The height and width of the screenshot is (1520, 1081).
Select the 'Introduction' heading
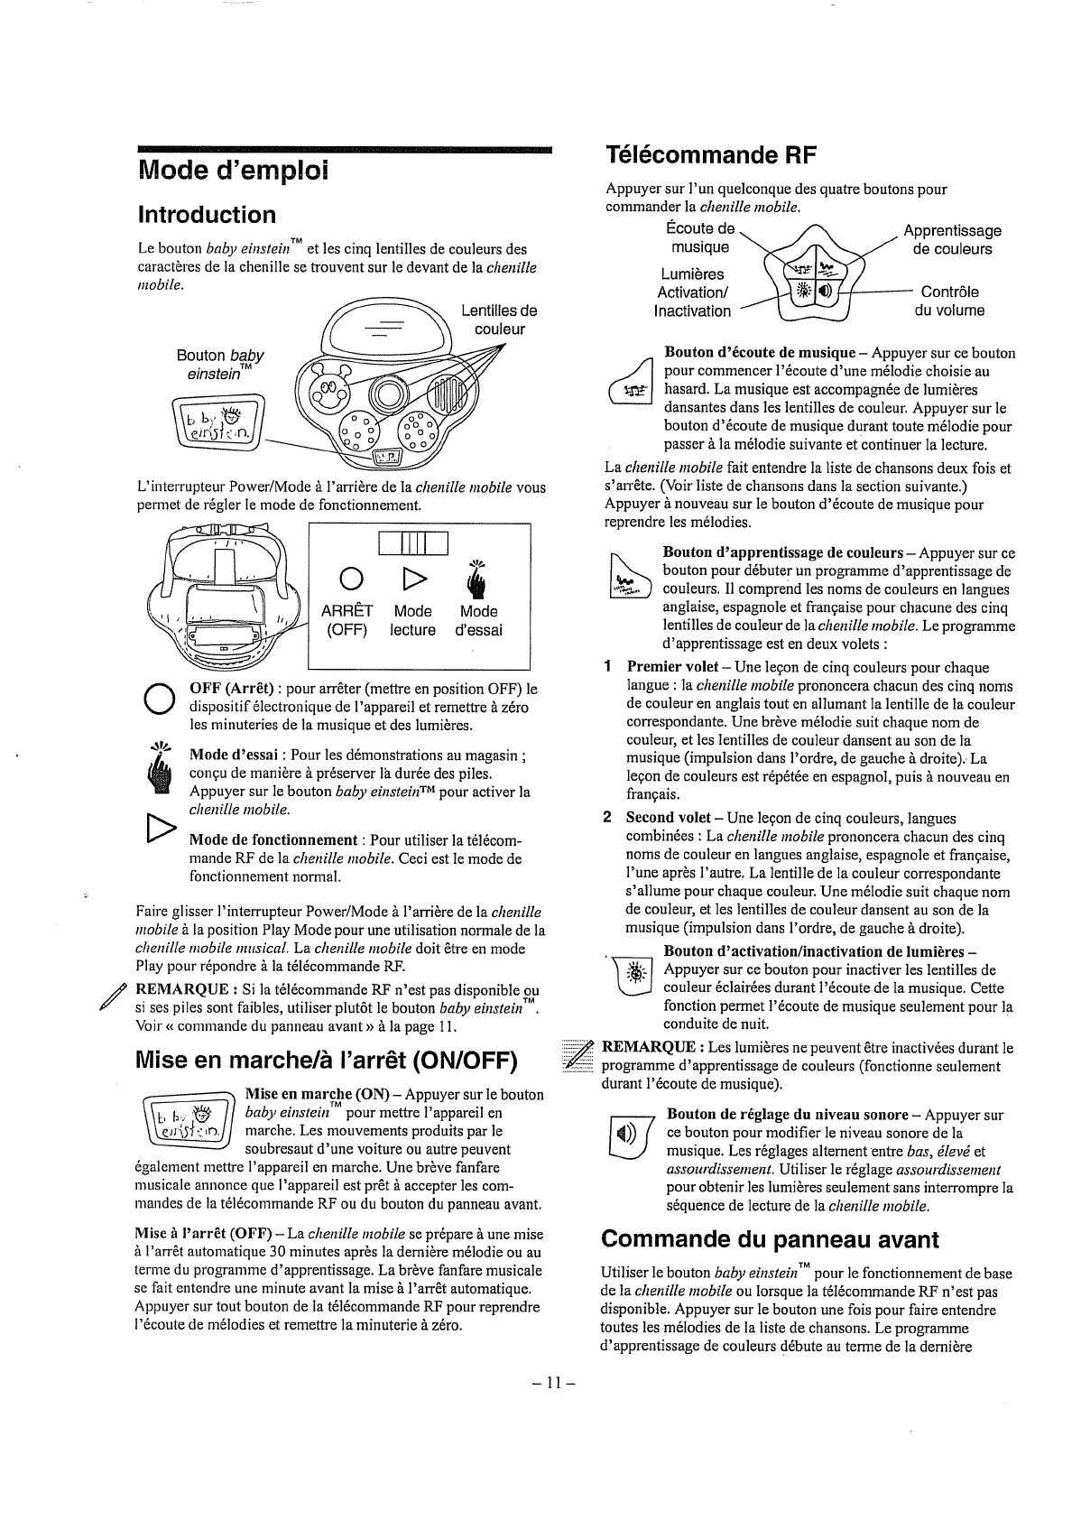[207, 214]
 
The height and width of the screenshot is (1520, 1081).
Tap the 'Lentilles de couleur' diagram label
[498, 320]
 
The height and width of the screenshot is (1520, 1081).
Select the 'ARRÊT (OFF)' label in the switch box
[345, 620]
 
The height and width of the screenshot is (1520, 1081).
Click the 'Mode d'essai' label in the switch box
[478, 620]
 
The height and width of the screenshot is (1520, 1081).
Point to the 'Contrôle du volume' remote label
[950, 301]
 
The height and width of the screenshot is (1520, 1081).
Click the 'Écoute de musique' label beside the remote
[700, 237]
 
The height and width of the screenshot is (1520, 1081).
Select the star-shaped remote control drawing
[815, 279]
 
